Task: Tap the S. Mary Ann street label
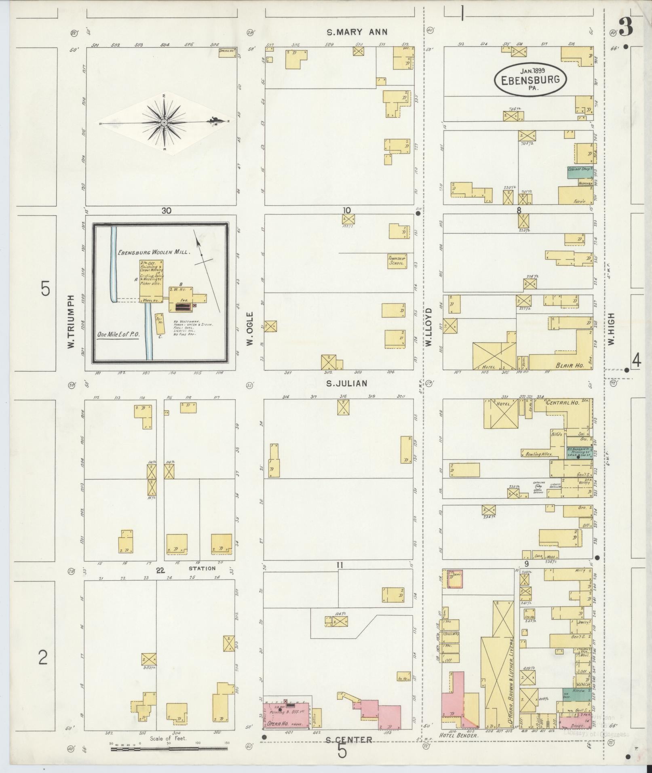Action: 357,32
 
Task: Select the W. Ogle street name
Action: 250,328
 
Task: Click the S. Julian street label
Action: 347,383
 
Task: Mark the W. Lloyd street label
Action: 428,327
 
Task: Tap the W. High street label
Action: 611,328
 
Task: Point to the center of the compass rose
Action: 164,122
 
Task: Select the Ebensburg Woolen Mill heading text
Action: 153,251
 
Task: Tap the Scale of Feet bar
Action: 170,749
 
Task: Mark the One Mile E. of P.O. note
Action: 119,335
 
